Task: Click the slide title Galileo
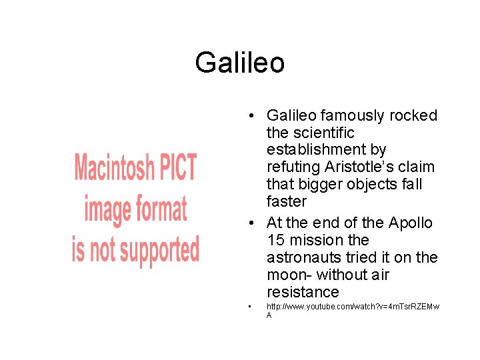[x=240, y=63]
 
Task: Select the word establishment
[x=326, y=150]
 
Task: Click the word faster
[x=287, y=201]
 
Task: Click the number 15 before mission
[x=276, y=240]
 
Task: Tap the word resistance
[x=303, y=292]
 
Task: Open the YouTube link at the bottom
[x=353, y=307]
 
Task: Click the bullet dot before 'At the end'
[x=247, y=223]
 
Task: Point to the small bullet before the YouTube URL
[x=247, y=307]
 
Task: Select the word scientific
[x=330, y=133]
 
